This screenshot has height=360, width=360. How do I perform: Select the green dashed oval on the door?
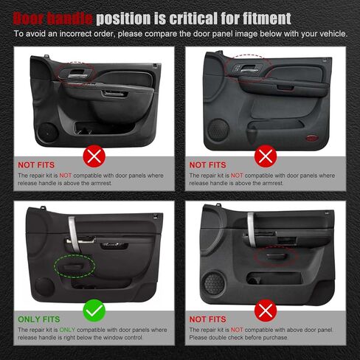[x=73, y=263]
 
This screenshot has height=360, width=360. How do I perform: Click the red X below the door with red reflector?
[x=265, y=155]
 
